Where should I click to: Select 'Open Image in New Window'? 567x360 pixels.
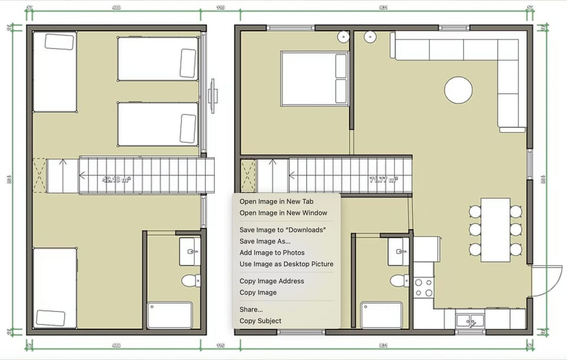pyautogui.click(x=283, y=213)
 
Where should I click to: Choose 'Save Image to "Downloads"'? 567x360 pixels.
pyautogui.click(x=283, y=230)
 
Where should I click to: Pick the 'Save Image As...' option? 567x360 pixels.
pyautogui.click(x=265, y=241)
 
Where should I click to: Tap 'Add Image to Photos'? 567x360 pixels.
pyautogui.click(x=272, y=252)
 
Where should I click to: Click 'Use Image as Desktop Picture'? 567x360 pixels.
pyautogui.click(x=286, y=264)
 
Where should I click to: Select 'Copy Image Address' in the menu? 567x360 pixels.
pyautogui.click(x=272, y=281)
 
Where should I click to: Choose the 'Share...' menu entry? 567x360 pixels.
pyautogui.click(x=251, y=310)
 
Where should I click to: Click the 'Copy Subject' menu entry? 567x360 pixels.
pyautogui.click(x=260, y=321)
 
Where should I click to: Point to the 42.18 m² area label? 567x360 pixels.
pyautogui.click(x=116, y=180)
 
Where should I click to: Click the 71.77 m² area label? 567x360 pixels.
pyautogui.click(x=383, y=180)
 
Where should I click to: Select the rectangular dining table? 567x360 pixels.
pyautogui.click(x=495, y=230)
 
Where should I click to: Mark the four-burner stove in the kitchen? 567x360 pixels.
pyautogui.click(x=423, y=287)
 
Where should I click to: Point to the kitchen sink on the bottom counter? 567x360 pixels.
pyautogui.click(x=470, y=321)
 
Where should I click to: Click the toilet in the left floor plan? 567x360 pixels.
pyautogui.click(x=191, y=280)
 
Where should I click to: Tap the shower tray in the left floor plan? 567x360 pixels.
pyautogui.click(x=170, y=315)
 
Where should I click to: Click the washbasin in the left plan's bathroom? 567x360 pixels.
pyautogui.click(x=190, y=252)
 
